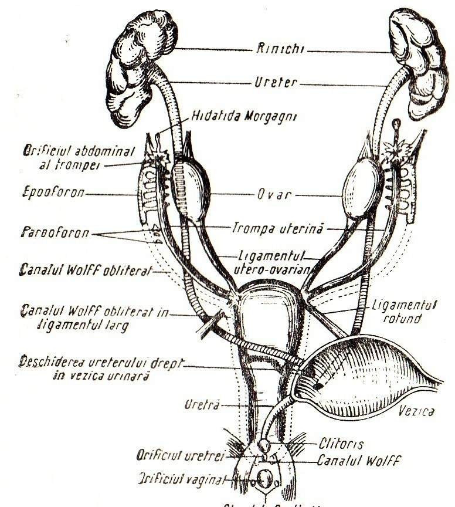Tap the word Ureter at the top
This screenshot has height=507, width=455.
[276, 83]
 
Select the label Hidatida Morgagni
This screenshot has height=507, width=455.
[244, 116]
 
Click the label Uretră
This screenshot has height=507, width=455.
[202, 404]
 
